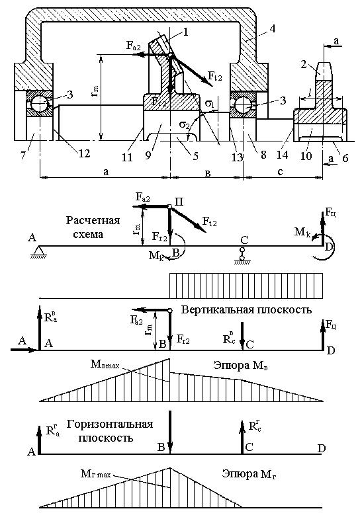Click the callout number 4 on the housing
click(272, 28)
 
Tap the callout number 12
click(85, 153)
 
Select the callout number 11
click(127, 157)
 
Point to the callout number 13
click(237, 157)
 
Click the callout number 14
click(284, 155)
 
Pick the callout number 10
click(306, 155)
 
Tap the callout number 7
click(24, 155)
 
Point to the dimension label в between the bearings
click(208, 173)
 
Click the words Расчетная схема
click(93, 227)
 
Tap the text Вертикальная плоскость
click(247, 309)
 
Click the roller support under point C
click(243, 255)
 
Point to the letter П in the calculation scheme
click(179, 202)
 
